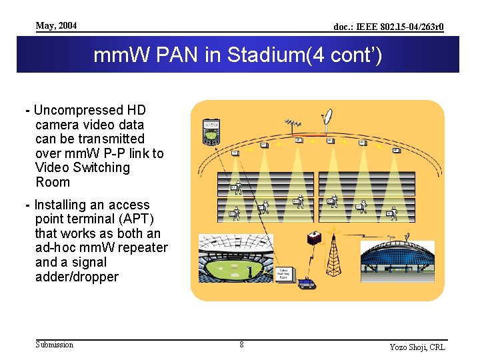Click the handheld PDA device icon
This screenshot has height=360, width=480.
pos(211,131)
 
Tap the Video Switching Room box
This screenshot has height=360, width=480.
pos(285,275)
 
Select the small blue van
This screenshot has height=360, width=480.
pos(306,283)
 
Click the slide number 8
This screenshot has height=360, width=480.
pos(241,345)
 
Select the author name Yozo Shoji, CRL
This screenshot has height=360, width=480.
pos(417,347)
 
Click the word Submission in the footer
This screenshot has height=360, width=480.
pos(54,344)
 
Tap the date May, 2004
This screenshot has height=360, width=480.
pos(56,25)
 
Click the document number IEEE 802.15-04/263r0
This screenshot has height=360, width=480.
pos(389,27)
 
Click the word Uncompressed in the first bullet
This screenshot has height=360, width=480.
pos(72,110)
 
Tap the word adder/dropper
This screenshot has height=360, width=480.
pos(77,277)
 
